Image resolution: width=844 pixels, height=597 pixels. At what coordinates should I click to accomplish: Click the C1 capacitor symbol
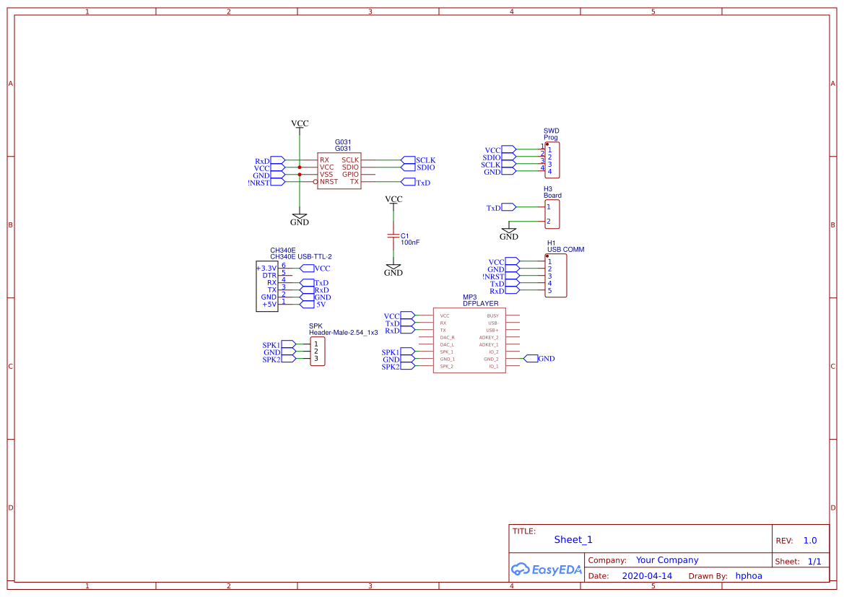point(393,236)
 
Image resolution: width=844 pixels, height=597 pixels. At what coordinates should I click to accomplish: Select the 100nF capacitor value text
point(410,243)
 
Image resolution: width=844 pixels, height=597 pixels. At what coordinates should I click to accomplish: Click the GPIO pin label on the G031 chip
point(350,175)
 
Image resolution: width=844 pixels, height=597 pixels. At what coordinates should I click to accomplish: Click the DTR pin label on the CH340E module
point(269,275)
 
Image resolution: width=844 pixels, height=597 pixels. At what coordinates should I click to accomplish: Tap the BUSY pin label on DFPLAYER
point(492,315)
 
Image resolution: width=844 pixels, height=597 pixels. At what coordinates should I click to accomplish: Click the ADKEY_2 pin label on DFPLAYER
point(489,337)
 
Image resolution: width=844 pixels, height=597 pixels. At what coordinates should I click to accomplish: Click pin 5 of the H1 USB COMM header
point(549,291)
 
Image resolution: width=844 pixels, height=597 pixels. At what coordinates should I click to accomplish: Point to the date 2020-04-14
point(646,576)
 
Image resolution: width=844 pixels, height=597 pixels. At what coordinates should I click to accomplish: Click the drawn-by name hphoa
point(748,576)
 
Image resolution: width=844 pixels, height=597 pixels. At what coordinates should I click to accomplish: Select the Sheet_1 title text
point(573,539)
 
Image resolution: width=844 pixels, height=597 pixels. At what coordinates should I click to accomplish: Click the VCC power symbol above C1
point(393,200)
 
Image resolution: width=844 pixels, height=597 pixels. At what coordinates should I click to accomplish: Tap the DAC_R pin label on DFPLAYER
point(447,337)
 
